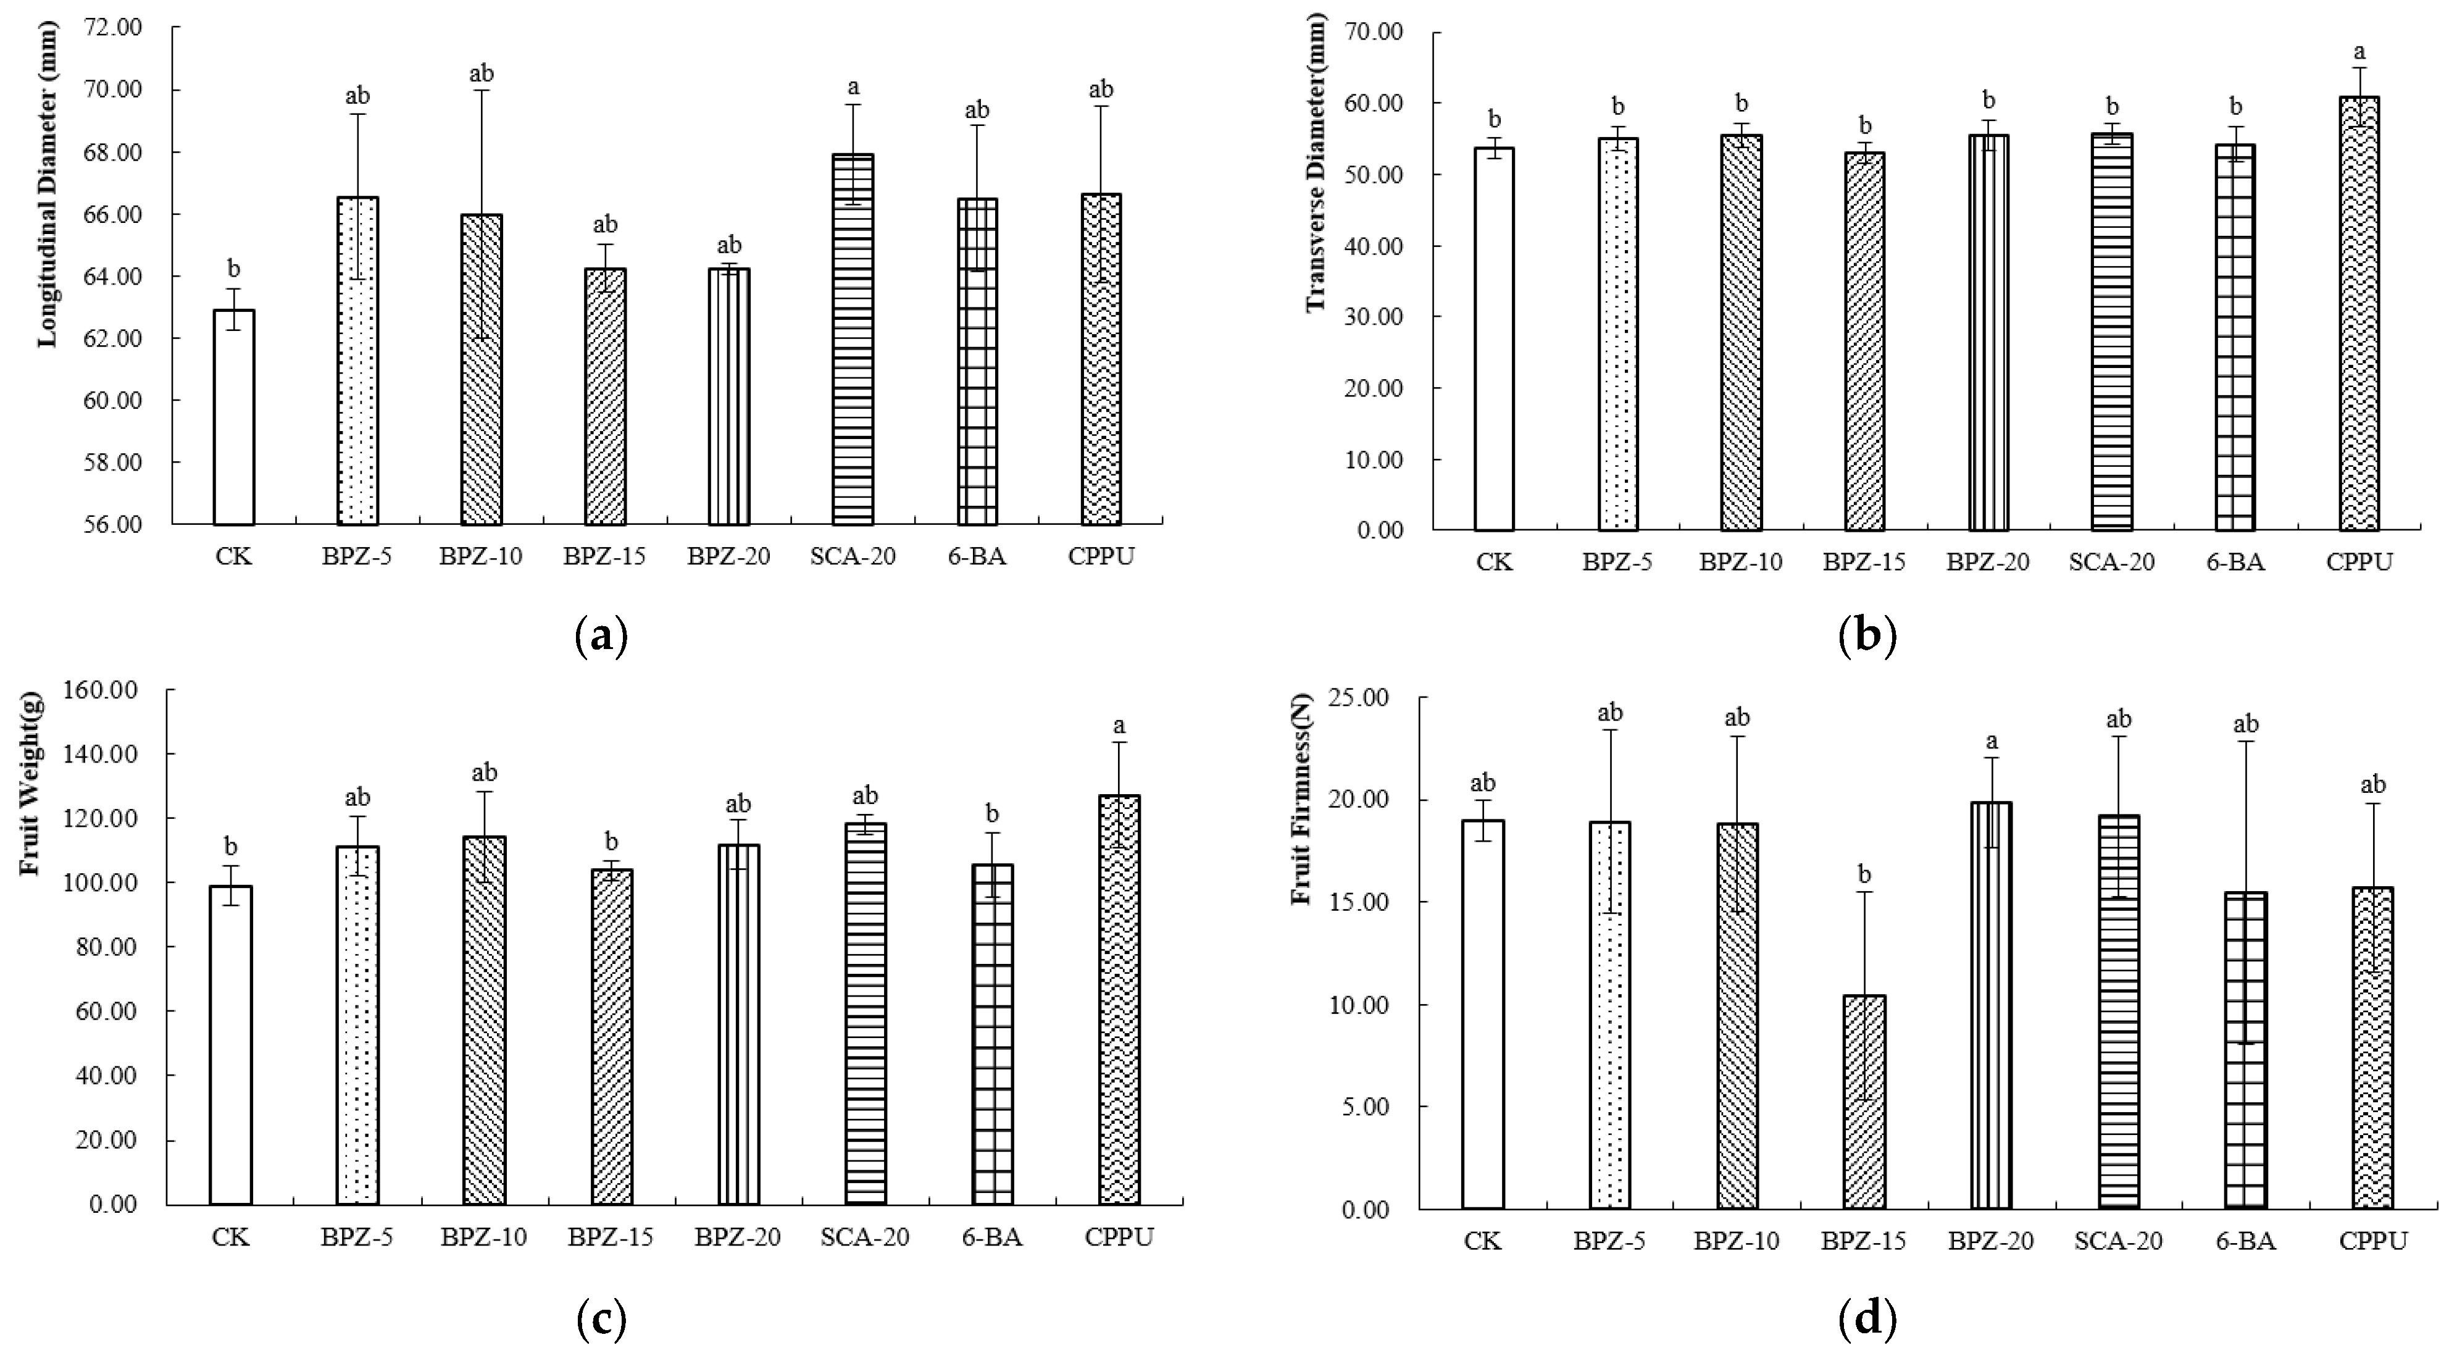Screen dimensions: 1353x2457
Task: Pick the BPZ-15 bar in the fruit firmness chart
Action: point(1864,1102)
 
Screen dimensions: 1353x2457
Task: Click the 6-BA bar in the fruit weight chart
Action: point(992,1034)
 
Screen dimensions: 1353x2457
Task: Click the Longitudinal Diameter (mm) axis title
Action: point(48,184)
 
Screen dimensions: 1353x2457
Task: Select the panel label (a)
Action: point(602,635)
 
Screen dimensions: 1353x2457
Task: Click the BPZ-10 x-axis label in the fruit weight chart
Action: point(483,1238)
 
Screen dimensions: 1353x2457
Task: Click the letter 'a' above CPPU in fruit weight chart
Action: point(1120,725)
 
